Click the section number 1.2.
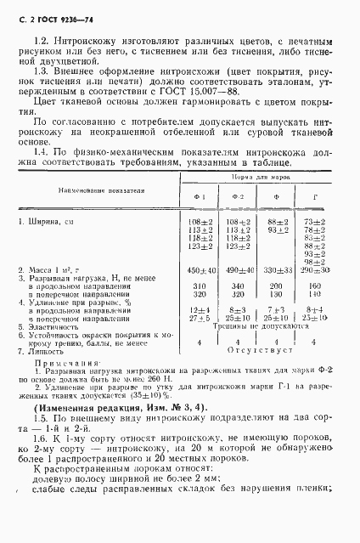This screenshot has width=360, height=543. (x=36, y=41)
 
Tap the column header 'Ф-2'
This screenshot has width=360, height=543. (x=238, y=198)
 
